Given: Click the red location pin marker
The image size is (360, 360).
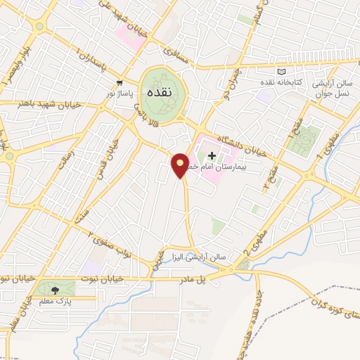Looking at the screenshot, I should coord(181,165).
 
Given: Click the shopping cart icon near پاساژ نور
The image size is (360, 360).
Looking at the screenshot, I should coord(120,82).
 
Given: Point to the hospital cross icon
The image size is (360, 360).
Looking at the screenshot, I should coord(212,155).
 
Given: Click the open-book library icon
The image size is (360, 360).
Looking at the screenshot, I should coord(282,71).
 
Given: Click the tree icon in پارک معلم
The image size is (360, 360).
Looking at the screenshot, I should coord(54,289).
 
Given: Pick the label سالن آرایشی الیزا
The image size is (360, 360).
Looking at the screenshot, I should coord(201,257).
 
